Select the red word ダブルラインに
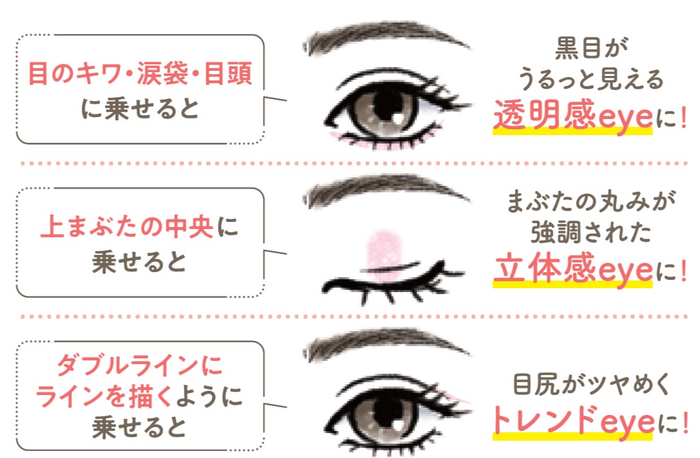tap(139, 367)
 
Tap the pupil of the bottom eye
tap(384, 412)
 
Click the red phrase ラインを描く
tap(105, 397)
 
